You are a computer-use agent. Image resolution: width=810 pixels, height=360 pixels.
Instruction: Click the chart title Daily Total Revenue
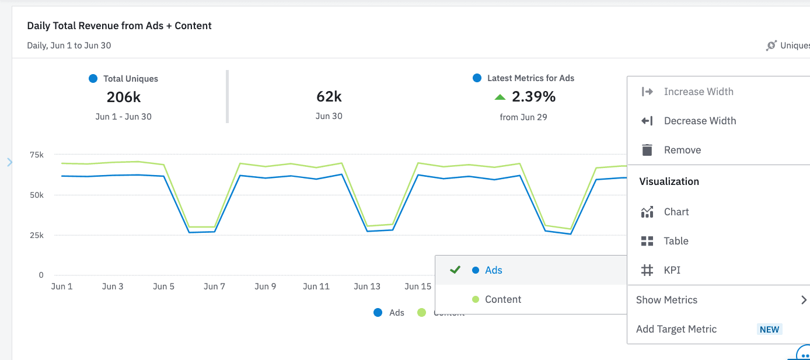(x=119, y=26)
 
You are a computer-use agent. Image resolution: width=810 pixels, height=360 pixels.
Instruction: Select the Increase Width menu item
(x=698, y=92)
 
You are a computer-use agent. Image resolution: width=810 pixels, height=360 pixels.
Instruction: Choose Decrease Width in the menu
(x=700, y=121)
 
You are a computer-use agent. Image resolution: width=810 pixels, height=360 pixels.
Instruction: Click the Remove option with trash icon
(x=682, y=150)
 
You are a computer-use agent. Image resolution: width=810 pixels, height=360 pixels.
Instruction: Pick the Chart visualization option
(x=676, y=212)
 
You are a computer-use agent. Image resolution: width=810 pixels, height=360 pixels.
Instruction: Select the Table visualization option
(x=676, y=241)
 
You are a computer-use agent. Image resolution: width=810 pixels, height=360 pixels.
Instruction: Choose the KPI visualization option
(x=672, y=270)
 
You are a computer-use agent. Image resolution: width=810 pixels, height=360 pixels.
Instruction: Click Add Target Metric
(x=676, y=329)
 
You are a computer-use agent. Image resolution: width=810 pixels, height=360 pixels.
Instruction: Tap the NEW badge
(x=769, y=330)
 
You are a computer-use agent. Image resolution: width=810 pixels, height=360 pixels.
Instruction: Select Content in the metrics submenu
(x=502, y=299)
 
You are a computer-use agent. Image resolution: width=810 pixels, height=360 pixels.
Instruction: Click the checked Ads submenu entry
(x=493, y=270)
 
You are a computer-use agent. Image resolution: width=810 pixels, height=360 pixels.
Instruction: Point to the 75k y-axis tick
(x=37, y=155)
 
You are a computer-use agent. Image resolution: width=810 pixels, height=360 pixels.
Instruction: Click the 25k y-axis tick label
(x=37, y=235)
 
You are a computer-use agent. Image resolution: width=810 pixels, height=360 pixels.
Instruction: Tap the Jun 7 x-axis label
(x=215, y=286)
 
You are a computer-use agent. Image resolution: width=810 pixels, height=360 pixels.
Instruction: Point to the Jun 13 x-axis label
(x=367, y=286)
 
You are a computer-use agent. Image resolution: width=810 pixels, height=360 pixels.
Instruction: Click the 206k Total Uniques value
(x=124, y=97)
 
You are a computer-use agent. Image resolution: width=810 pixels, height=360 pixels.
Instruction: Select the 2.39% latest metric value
(x=533, y=96)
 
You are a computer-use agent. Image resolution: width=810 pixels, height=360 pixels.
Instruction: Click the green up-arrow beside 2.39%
(x=500, y=97)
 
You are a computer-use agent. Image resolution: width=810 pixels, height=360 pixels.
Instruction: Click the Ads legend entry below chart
(x=389, y=313)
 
